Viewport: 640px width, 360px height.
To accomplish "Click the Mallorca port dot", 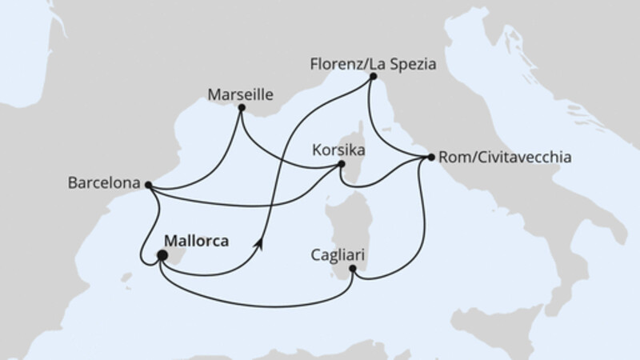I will (x=162, y=256).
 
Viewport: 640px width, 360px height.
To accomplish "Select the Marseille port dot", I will (x=242, y=108).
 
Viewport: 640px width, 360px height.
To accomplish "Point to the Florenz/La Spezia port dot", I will (x=372, y=77).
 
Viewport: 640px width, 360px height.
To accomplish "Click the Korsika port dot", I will (x=342, y=165).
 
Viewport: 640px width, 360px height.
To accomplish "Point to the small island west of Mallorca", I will (x=126, y=279).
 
